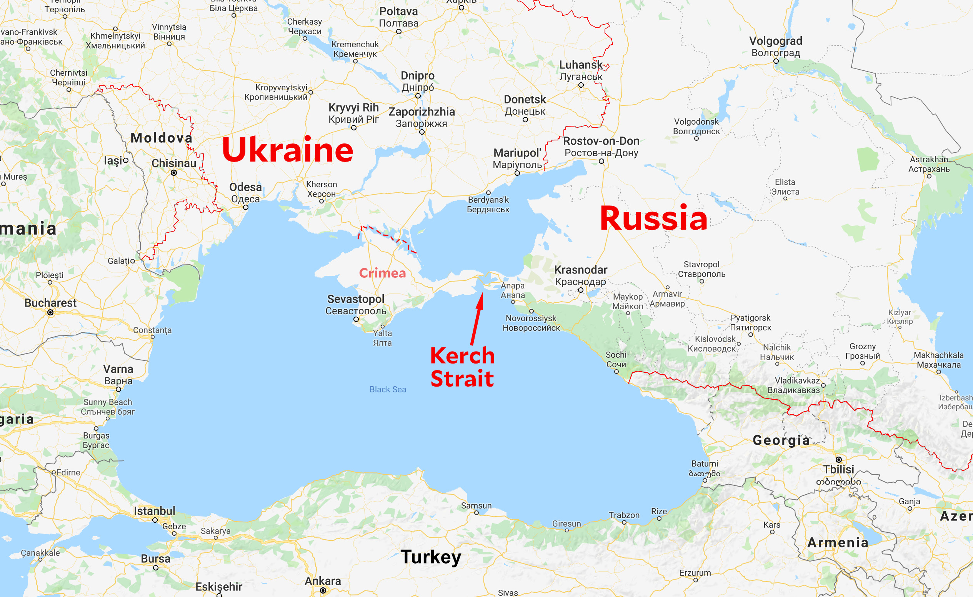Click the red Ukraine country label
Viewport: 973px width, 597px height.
pos(288,150)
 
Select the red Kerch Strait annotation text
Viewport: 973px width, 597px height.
pos(462,367)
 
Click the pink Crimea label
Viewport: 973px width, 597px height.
pos(382,273)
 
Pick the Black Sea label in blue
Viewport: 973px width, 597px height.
pos(388,389)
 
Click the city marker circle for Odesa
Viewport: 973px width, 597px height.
pos(246,207)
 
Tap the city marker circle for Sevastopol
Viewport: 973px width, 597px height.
pos(356,319)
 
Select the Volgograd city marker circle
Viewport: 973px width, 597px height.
pos(776,61)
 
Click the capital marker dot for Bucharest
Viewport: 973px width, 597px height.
pos(50,312)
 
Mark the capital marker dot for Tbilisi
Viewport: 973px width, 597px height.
pos(839,460)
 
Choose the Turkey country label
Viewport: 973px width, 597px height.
pos(431,557)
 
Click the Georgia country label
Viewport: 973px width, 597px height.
pos(781,440)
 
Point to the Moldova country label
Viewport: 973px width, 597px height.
pos(162,138)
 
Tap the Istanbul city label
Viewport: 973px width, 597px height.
pos(154,511)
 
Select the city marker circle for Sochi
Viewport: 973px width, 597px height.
pos(616,372)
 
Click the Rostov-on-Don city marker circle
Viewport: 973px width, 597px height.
pos(601,161)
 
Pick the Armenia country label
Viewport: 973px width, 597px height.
pos(838,542)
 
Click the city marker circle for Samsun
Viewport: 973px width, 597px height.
pos(477,513)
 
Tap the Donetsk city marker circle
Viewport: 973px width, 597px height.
pos(525,120)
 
